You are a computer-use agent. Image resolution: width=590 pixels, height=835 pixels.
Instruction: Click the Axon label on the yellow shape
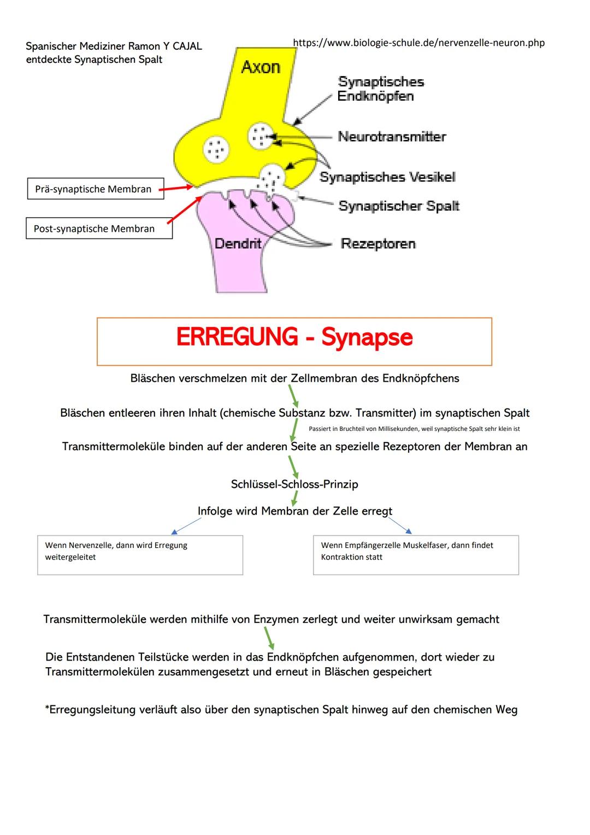pos(261,67)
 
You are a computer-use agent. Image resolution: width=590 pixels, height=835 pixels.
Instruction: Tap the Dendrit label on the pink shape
pos(238,243)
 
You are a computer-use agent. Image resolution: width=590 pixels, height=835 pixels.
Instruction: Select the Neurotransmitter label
pos(392,136)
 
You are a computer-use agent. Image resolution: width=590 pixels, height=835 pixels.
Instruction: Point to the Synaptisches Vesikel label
pos(387,177)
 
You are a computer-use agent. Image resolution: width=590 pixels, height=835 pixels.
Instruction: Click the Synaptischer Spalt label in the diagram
pos(399,206)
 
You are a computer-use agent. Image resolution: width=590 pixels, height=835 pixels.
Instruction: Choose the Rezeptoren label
pos(378,243)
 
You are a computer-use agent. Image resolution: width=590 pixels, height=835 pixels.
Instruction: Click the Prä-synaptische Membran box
pos(96,189)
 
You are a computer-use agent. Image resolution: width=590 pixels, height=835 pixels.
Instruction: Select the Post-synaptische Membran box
pos(99,229)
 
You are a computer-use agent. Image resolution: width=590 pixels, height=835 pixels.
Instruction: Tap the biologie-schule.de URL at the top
pos(418,43)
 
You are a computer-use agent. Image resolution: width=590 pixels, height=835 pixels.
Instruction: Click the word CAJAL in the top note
pos(187,46)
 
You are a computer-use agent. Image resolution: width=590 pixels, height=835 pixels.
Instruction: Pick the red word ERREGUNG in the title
pos(237,337)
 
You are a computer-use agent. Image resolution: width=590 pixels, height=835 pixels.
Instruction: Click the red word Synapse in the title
pos(367,337)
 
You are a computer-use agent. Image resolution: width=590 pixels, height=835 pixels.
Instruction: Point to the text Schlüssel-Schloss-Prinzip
pos(294,484)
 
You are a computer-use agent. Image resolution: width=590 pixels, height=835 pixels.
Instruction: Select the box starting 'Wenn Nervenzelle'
pos(140,554)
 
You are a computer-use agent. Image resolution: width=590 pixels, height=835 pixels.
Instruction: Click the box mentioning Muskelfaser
pos(416,554)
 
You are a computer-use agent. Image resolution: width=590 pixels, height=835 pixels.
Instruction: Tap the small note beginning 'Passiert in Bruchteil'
pos(414,429)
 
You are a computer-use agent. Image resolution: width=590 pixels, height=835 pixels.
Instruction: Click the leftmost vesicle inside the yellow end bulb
pos(216,148)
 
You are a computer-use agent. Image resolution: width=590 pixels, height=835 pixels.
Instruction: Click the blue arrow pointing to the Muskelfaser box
pos(400,525)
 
